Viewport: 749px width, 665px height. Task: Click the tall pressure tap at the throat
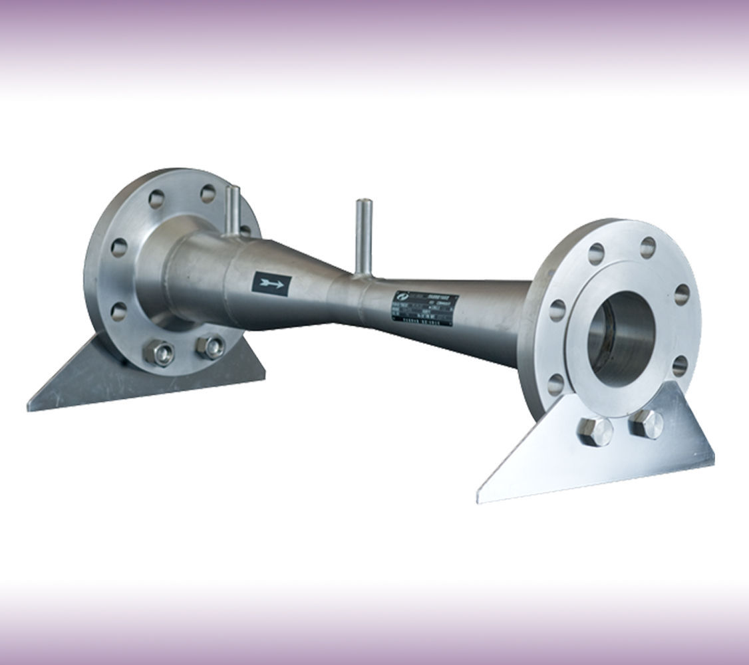point(363,236)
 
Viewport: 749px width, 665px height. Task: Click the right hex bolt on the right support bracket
point(645,423)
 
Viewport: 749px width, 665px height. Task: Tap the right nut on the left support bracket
point(212,346)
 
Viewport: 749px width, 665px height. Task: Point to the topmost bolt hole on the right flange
point(648,247)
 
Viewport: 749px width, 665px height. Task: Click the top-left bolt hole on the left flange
point(158,198)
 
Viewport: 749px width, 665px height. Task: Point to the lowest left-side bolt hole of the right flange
point(556,383)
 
